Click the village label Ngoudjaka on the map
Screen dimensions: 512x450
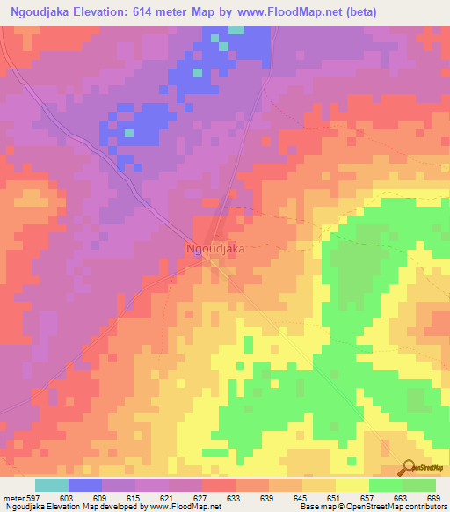tap(215, 249)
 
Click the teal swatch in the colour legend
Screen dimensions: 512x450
tap(52, 485)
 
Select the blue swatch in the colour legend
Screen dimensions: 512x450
tap(85, 485)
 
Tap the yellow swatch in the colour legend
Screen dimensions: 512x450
tap(352, 485)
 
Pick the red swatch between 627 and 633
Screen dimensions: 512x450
tap(219, 485)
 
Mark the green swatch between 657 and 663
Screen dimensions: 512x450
tap(386, 485)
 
